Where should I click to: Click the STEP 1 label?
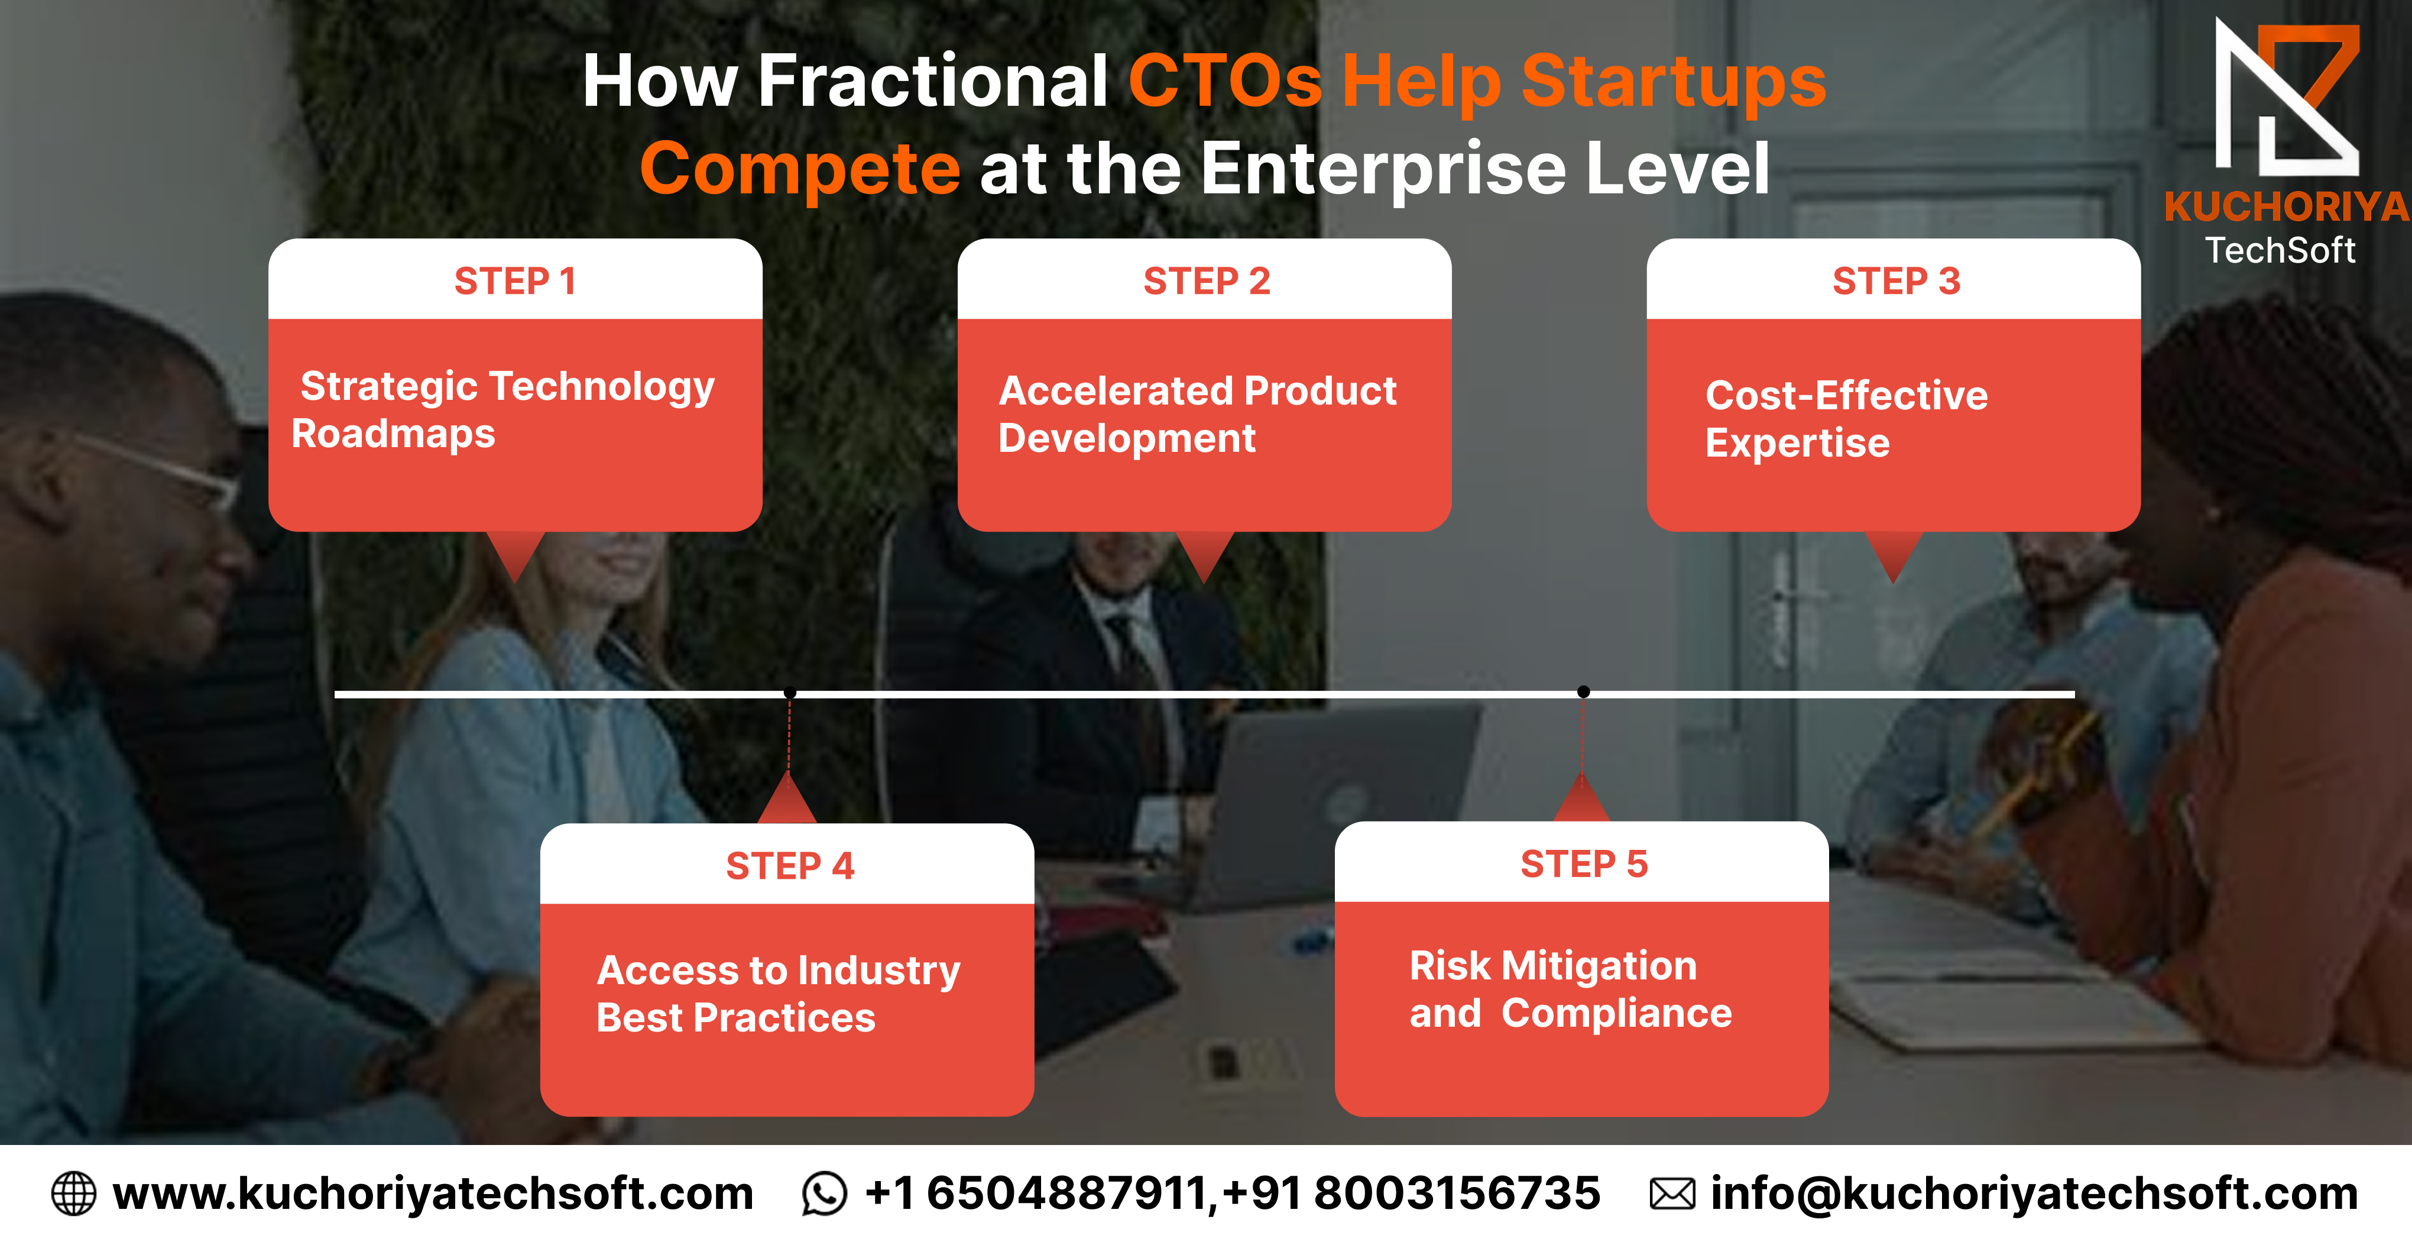point(515,281)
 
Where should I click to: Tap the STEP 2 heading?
point(1206,281)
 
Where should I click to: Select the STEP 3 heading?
point(1896,281)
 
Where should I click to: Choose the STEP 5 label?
point(1583,863)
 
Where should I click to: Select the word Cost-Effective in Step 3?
point(1846,395)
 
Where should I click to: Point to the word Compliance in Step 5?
point(1617,1014)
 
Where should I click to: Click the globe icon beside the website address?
point(73,1194)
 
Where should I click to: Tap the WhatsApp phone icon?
point(824,1194)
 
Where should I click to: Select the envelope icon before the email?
point(1671,1194)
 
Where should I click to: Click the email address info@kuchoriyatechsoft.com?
point(2034,1194)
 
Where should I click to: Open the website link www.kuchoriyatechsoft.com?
point(433,1194)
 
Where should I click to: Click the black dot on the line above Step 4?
point(789,693)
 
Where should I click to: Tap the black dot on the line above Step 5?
point(1583,692)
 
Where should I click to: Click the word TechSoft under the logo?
point(2280,251)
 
